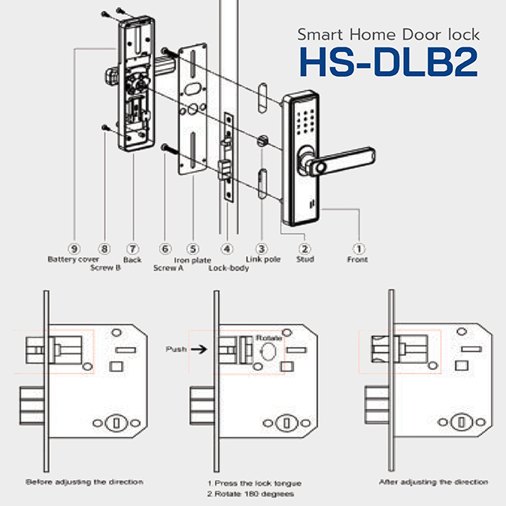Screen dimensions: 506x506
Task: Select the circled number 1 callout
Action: click(x=357, y=248)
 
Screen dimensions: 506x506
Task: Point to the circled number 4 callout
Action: click(x=228, y=248)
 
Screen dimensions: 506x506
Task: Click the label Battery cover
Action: click(x=73, y=259)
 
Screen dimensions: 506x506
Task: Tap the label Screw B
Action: click(x=104, y=268)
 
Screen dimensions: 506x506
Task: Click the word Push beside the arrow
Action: click(x=176, y=348)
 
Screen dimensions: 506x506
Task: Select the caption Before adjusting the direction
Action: click(x=85, y=481)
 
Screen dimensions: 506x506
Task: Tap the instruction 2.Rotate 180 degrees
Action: click(x=250, y=493)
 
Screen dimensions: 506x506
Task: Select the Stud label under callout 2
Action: click(x=305, y=259)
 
